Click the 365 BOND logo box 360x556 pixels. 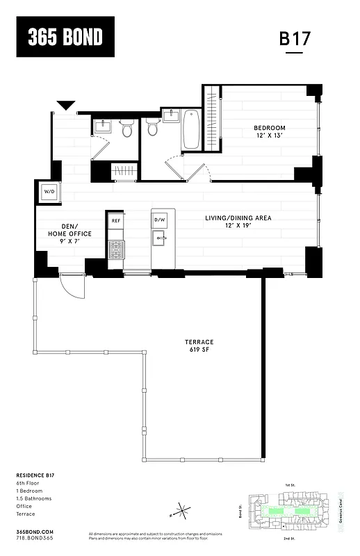(65, 37)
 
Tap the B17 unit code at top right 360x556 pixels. (294, 39)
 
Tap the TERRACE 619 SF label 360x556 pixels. (199, 345)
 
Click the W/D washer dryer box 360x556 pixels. (50, 191)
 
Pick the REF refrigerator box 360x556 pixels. (116, 220)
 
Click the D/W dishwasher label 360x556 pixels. (160, 220)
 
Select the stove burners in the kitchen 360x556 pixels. (116, 250)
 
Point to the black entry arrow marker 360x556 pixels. (66, 106)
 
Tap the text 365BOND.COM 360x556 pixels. (34, 531)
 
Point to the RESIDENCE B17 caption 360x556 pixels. (35, 475)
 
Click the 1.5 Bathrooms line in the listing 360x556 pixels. (34, 498)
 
